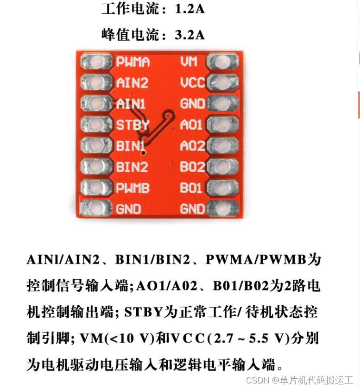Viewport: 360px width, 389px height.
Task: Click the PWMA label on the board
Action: [x=133, y=62]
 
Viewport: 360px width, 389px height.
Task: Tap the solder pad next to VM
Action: [x=223, y=62]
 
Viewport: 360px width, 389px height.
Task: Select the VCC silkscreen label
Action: [x=193, y=82]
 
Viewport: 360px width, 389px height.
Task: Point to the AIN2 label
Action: [x=133, y=82]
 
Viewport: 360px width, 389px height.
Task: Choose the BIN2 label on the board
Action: [x=132, y=166]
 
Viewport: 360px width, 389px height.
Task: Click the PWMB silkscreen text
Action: [x=133, y=188]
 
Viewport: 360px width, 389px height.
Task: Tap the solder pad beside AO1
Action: [x=223, y=124]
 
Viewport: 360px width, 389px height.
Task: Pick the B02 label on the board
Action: [x=192, y=166]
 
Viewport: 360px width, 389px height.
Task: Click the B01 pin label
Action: [x=191, y=188]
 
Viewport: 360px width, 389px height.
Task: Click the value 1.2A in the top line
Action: [x=189, y=9]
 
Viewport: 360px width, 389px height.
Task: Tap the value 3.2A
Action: [x=189, y=35]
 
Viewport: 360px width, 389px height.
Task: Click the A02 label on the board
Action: [x=192, y=145]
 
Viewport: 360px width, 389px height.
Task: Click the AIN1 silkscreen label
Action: [x=131, y=104]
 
